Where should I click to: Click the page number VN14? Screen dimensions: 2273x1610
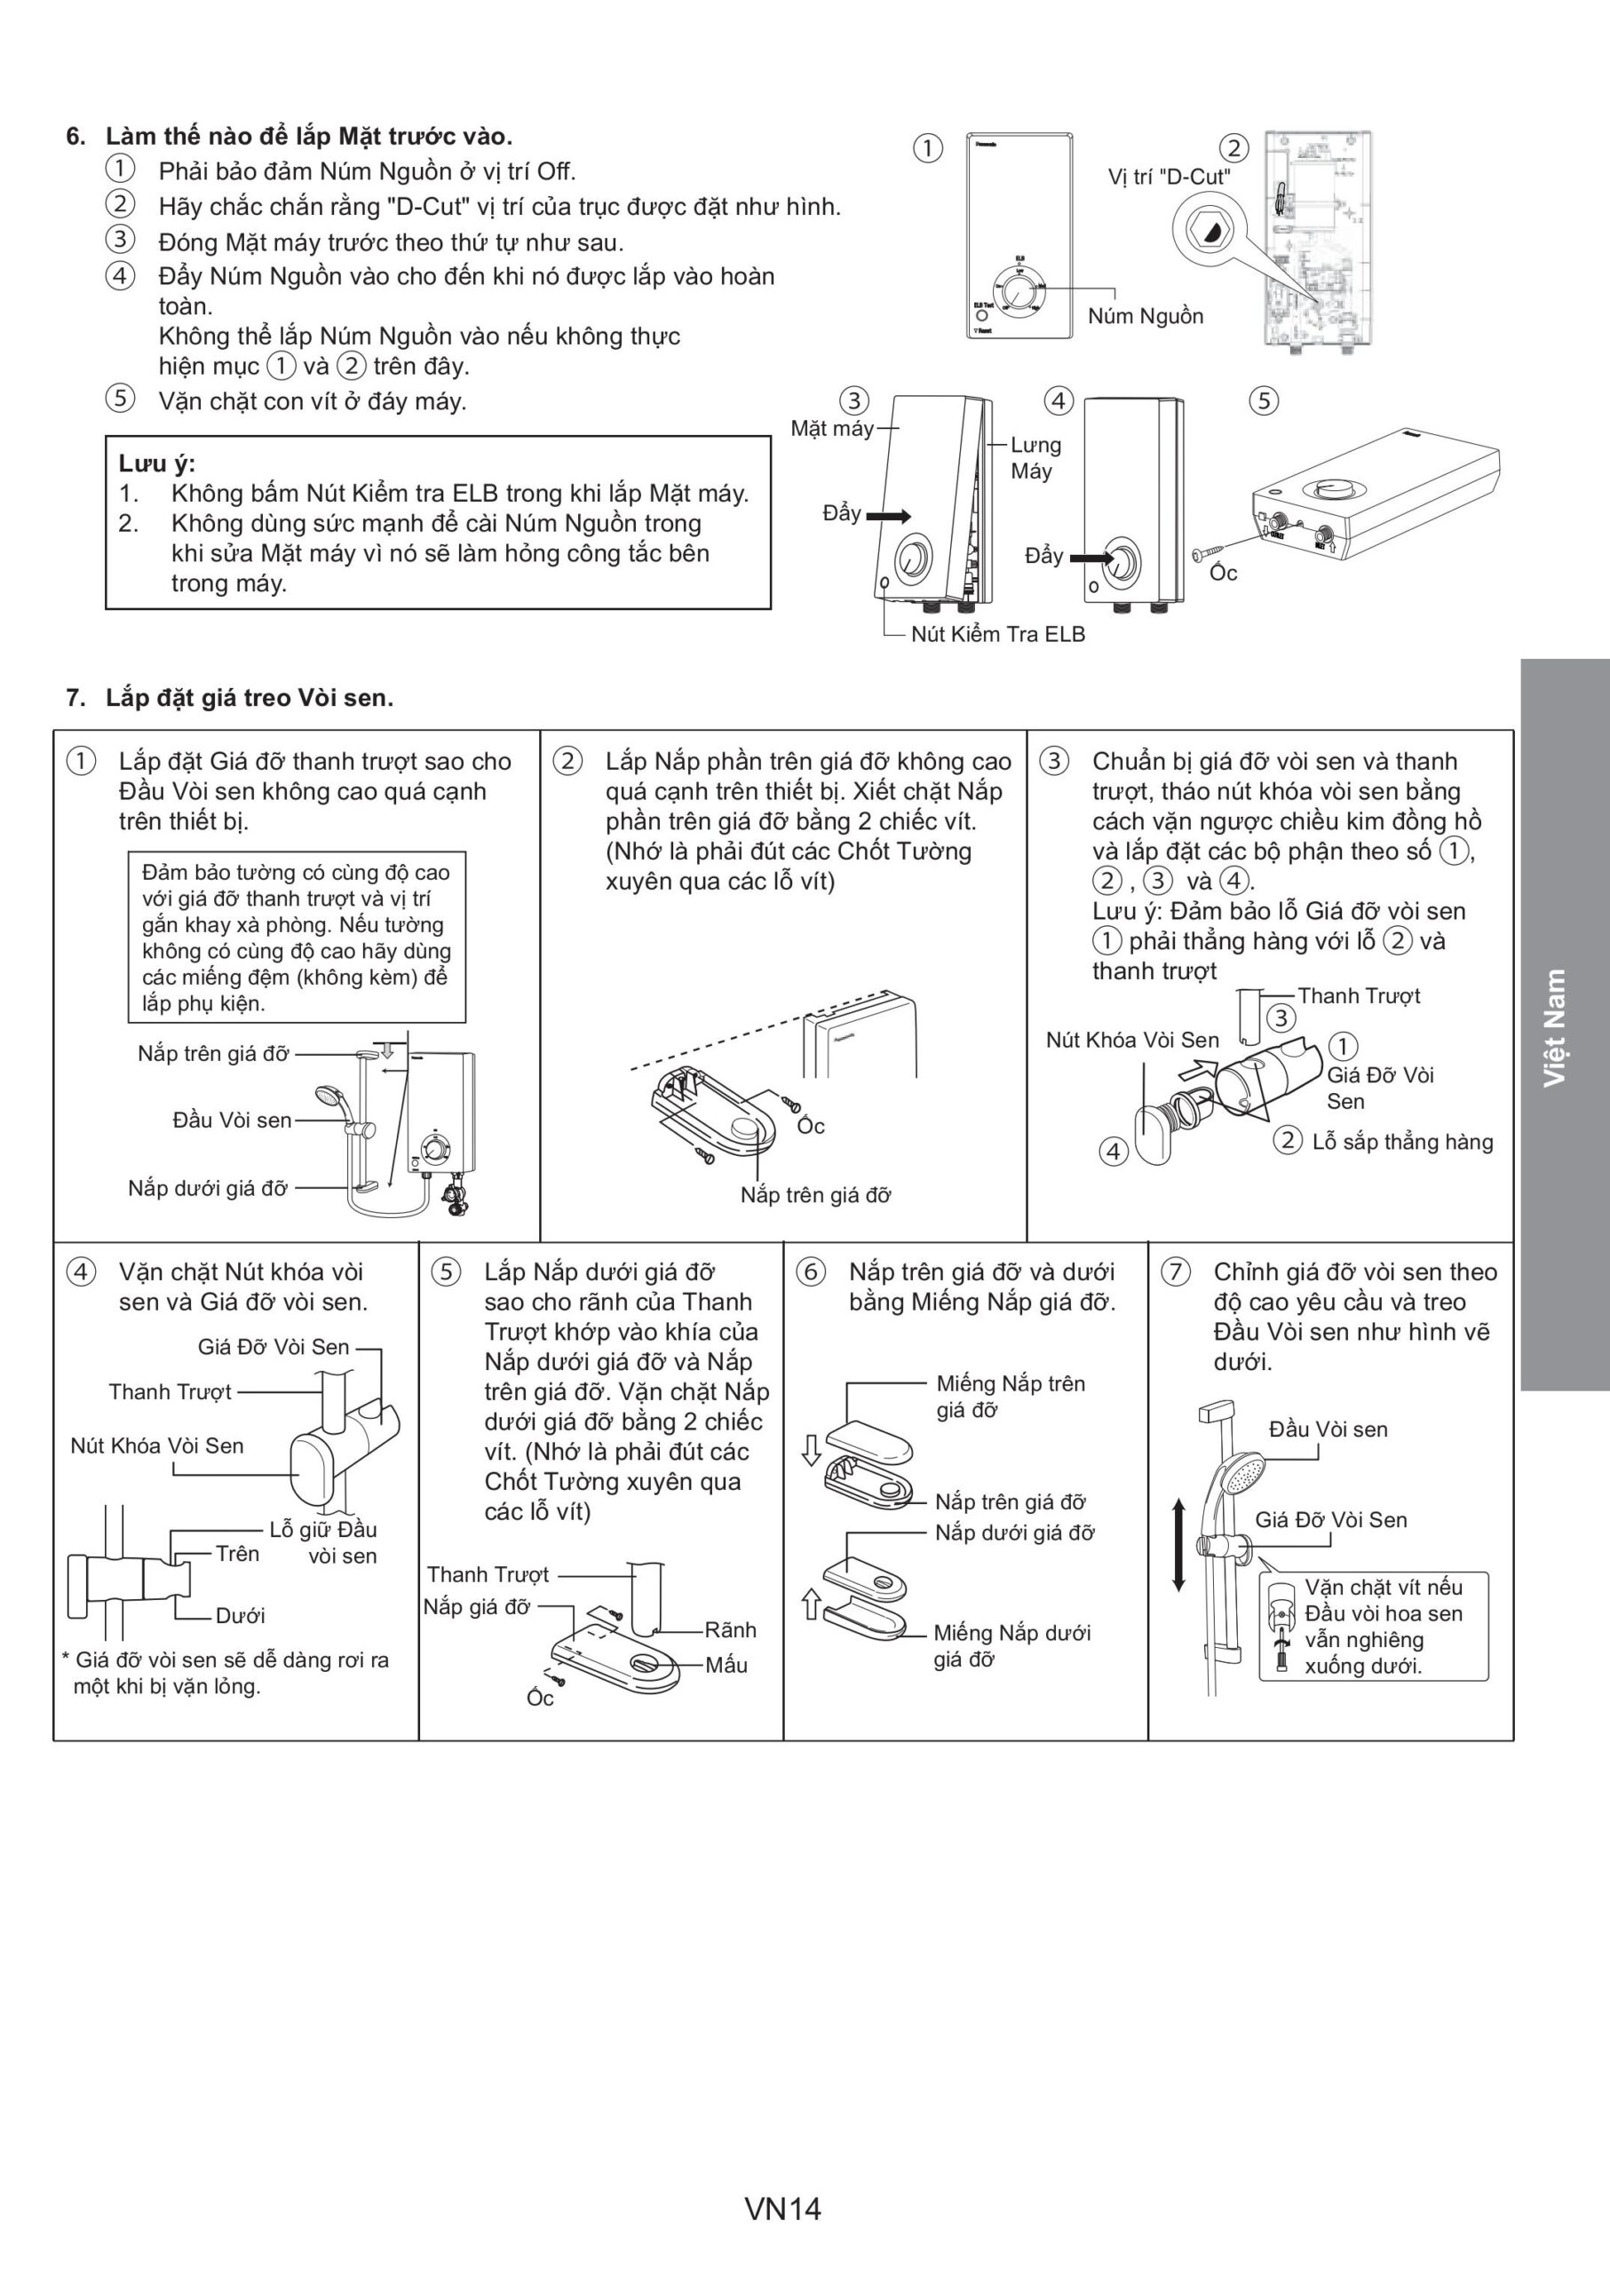point(782,2208)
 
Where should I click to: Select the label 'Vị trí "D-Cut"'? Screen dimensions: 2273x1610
point(1169,177)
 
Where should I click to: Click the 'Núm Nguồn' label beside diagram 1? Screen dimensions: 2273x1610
point(1145,316)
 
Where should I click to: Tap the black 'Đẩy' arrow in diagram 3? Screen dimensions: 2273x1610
point(888,516)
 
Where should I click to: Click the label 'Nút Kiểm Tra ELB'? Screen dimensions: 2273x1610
point(997,635)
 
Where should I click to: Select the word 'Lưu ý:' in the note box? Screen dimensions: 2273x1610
point(156,463)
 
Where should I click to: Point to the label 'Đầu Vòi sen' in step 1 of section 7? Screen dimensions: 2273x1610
point(232,1121)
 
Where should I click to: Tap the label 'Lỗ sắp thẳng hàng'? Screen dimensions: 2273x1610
point(1402,1142)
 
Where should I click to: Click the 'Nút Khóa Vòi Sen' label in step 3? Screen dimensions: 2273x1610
point(1132,1040)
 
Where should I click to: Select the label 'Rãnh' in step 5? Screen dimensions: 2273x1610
point(730,1629)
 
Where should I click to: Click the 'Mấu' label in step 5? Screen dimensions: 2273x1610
point(726,1666)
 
